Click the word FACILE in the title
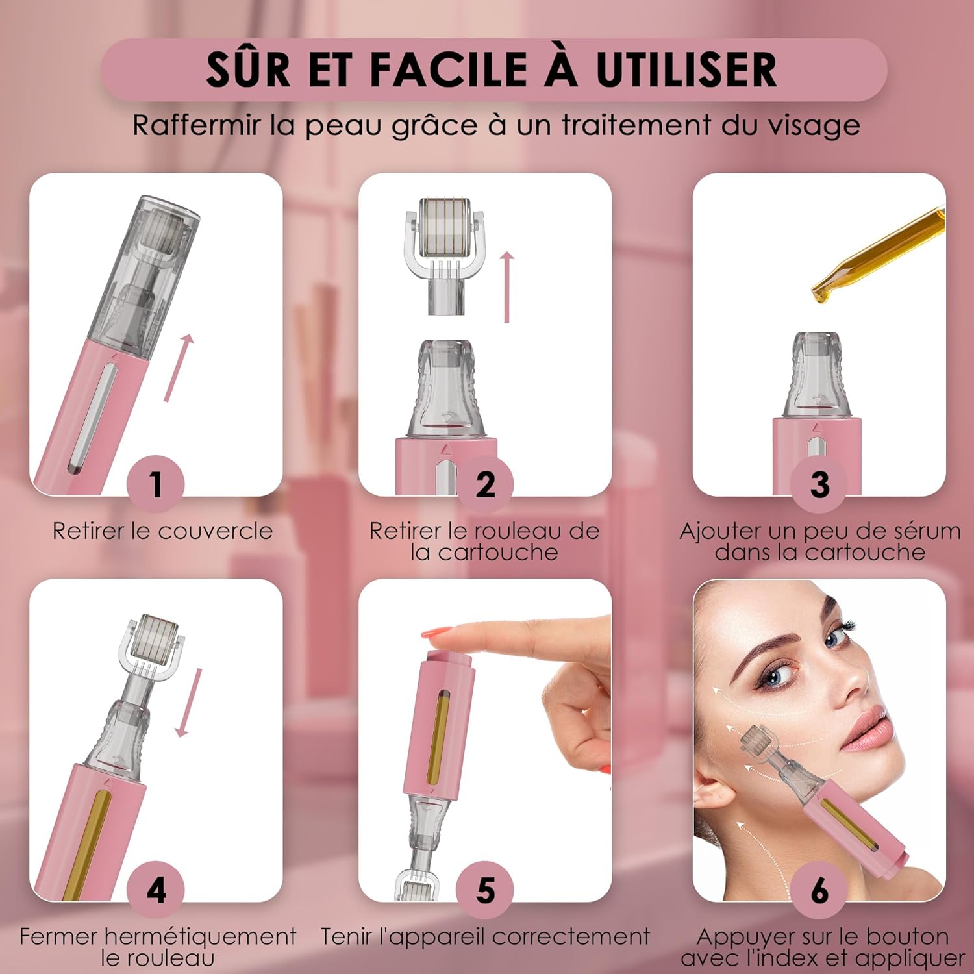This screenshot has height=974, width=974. (449, 69)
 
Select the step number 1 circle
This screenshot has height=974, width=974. (156, 484)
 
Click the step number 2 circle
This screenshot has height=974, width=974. (485, 484)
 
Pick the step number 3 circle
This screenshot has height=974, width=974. (819, 484)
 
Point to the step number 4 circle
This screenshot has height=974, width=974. (156, 890)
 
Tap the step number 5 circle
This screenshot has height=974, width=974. (485, 890)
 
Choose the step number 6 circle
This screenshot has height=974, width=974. (819, 890)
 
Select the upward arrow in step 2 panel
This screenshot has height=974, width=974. (507, 287)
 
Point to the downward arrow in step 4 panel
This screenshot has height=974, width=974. (190, 703)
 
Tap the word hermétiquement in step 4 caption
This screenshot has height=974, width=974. (200, 937)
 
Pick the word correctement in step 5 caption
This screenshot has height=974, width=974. (571, 937)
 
